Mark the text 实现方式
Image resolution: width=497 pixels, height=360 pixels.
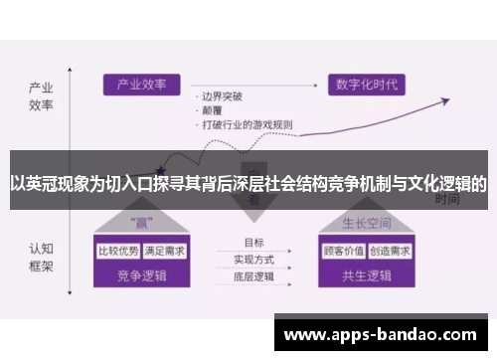point(253,260)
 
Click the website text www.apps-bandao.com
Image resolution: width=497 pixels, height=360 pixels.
point(384,335)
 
